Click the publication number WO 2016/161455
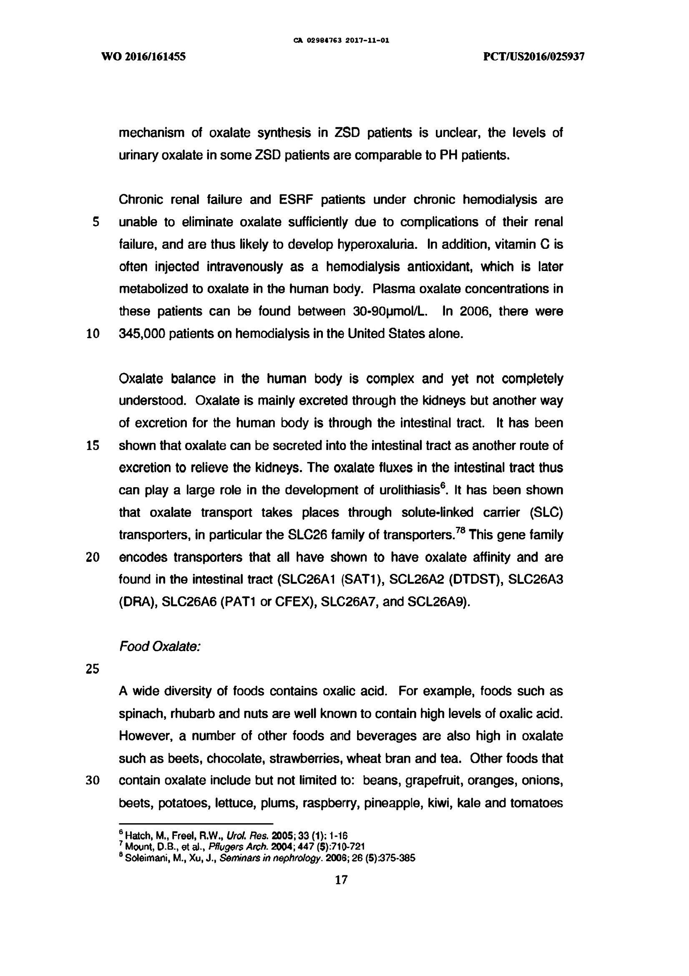143,56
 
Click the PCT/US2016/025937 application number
534,56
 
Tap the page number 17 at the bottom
341,880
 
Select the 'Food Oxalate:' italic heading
160,647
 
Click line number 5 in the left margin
96,222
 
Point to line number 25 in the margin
92,669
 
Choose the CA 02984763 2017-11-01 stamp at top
341,41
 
